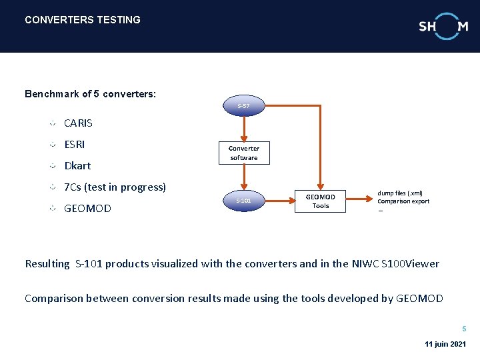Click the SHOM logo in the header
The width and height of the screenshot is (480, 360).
pos(443,26)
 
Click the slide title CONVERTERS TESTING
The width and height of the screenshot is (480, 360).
pos(83,20)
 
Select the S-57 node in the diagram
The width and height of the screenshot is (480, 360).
pos(244,106)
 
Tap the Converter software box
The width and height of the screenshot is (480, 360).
pos(244,153)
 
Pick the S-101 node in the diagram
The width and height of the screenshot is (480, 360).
pos(244,200)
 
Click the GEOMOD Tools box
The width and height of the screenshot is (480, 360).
pos(321,201)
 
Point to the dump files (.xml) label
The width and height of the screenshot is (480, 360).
pos(400,193)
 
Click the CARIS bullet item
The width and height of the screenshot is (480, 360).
pos(79,123)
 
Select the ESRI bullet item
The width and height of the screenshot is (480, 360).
pos(75,145)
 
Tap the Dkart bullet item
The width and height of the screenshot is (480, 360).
pos(77,166)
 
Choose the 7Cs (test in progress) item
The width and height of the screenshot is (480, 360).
pos(115,187)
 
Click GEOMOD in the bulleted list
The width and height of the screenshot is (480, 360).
pos(87,209)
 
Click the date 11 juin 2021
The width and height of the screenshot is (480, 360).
pos(445,344)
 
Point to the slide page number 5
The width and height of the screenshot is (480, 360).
pos(465,329)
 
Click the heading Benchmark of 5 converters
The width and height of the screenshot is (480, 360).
pos(91,94)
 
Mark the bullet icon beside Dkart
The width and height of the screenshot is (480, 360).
pos(53,165)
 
